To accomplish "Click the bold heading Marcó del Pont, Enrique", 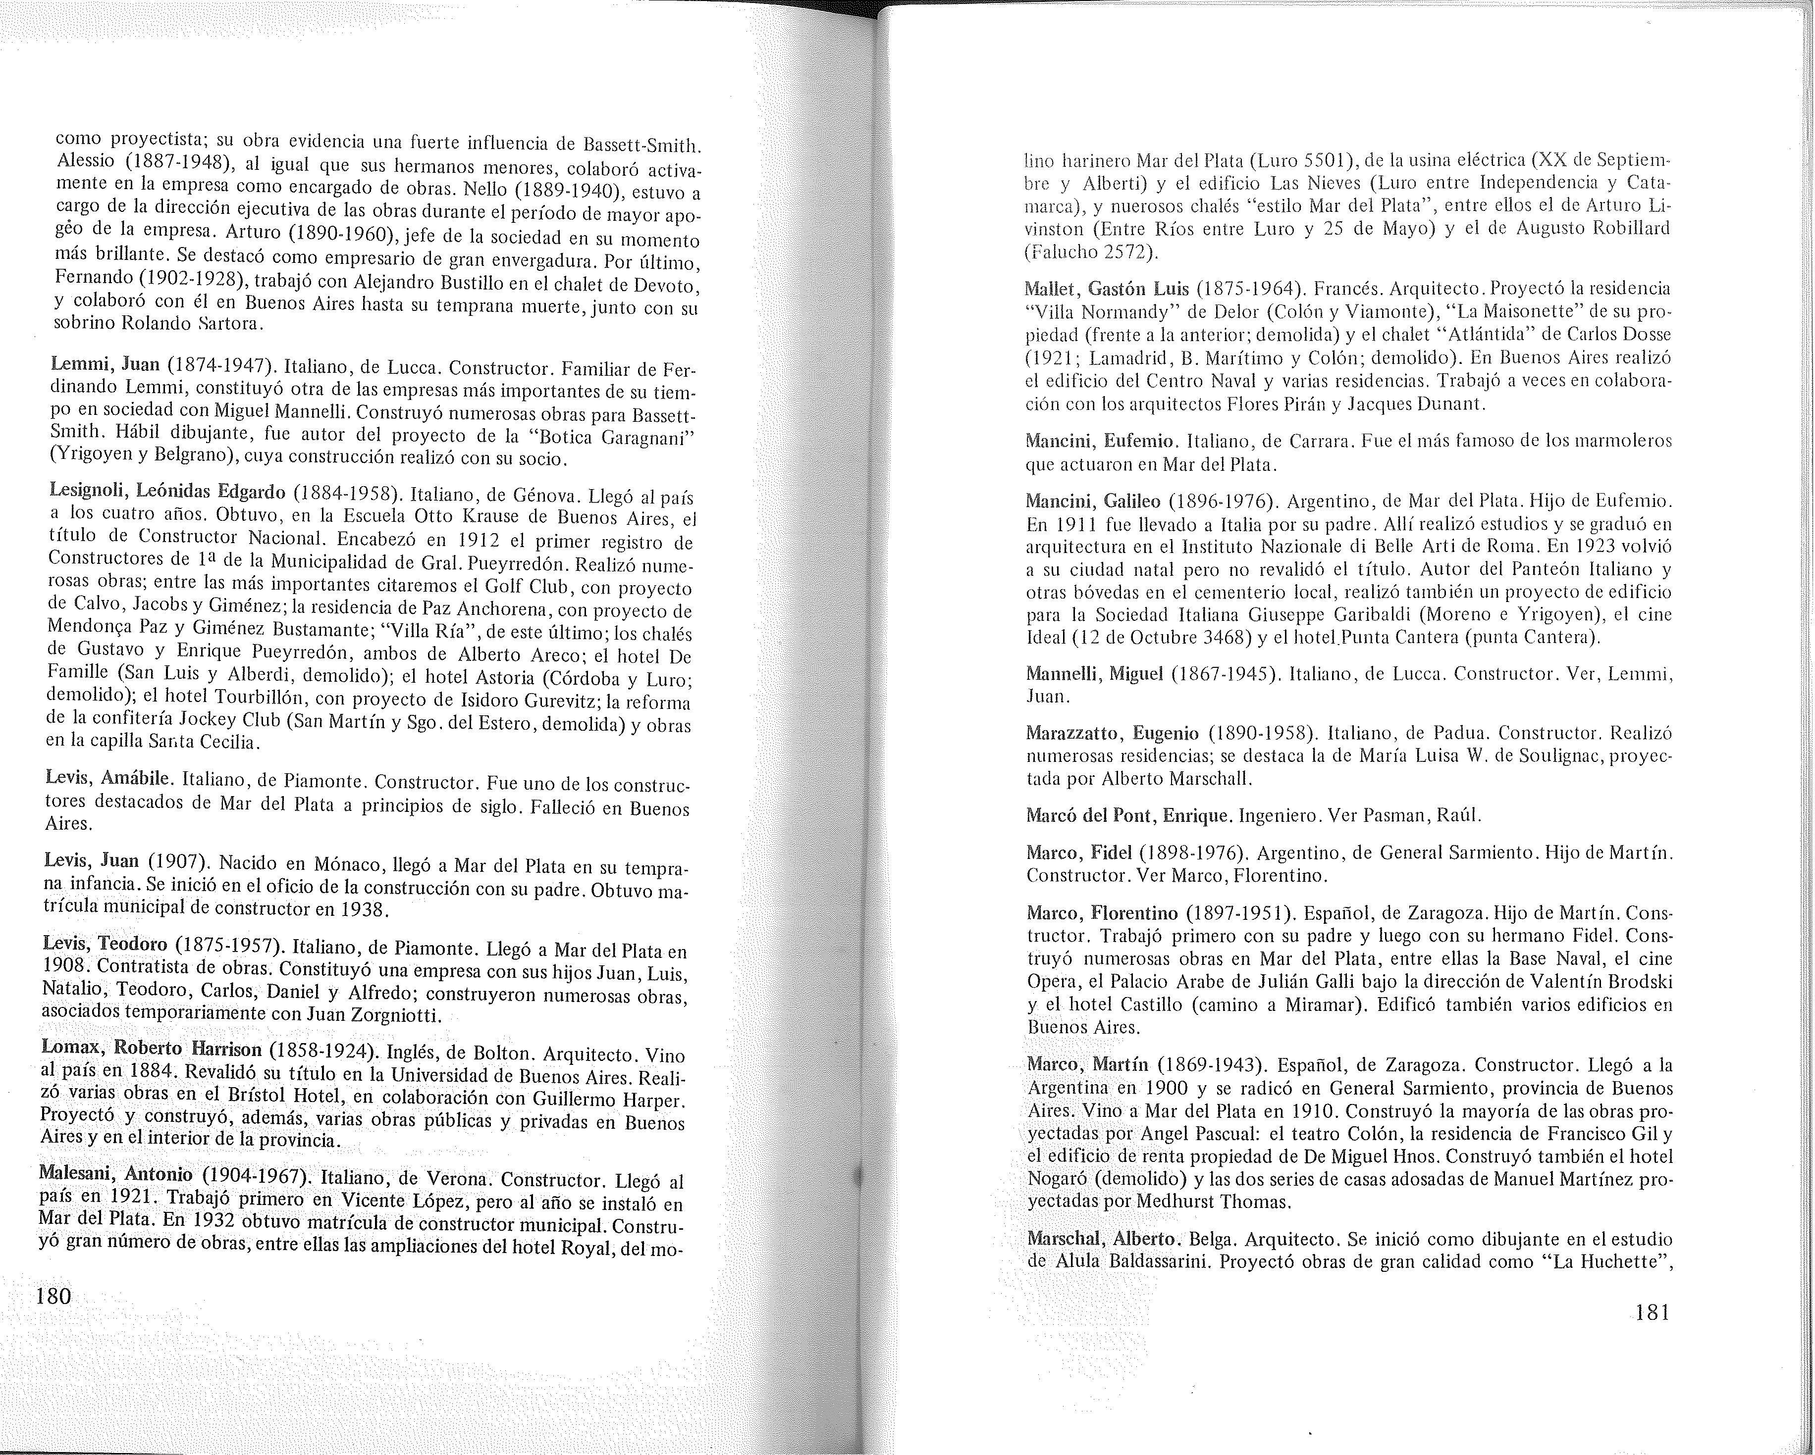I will tap(1129, 815).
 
